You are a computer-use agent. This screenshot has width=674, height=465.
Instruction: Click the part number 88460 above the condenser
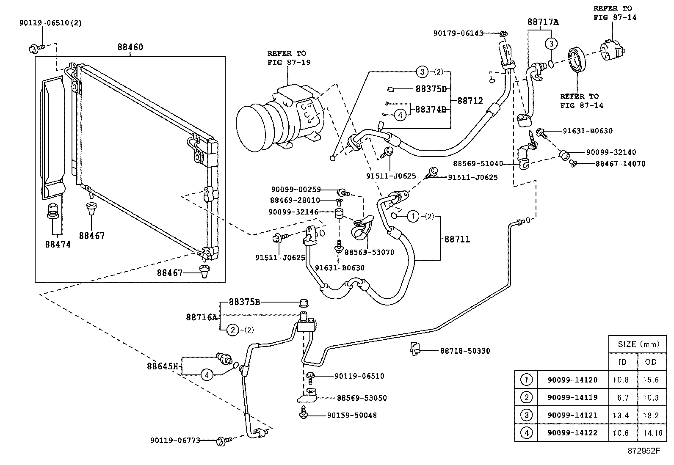point(130,47)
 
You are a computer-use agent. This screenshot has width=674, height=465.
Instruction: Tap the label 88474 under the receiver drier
point(58,244)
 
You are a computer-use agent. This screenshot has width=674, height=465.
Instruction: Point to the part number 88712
point(470,101)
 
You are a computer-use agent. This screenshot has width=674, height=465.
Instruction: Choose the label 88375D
point(431,89)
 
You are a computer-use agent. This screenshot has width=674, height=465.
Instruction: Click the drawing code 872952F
point(644,451)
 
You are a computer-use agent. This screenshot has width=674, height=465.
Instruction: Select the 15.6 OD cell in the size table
point(651,380)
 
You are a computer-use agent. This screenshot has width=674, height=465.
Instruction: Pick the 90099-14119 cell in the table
point(572,397)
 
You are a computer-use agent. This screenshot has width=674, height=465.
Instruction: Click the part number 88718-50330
point(465,351)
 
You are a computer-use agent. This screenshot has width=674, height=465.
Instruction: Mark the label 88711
point(457,239)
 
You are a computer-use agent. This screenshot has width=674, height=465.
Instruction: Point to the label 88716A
point(202,316)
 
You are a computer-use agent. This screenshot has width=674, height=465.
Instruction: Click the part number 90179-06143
point(458,33)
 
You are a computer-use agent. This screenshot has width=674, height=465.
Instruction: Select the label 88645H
point(163,366)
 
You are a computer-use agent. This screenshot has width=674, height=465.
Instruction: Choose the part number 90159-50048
point(352,415)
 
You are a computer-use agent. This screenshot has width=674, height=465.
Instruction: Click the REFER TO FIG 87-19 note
point(289,58)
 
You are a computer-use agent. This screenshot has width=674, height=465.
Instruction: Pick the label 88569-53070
point(369,252)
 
